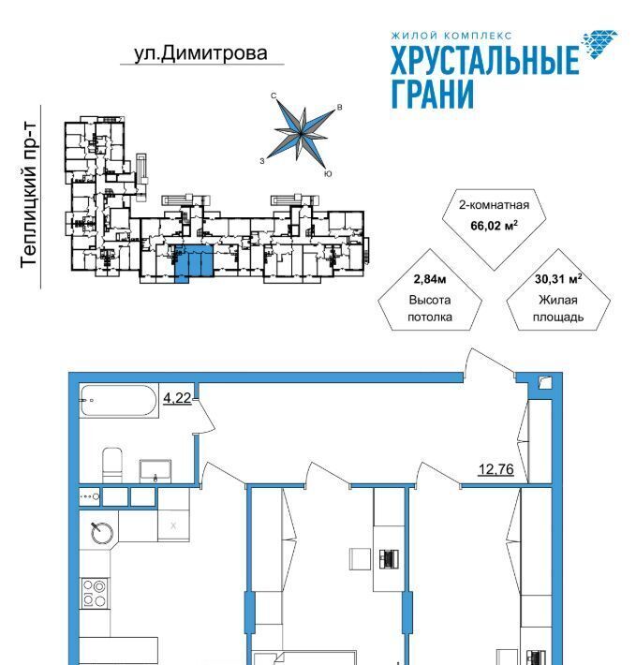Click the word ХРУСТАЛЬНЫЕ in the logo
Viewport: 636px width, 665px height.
484,62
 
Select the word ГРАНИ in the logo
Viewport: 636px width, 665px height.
432,95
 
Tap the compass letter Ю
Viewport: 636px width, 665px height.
326,174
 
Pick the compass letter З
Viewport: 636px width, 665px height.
264,160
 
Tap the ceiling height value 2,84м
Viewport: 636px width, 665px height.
430,278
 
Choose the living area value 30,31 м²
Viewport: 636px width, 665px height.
558,278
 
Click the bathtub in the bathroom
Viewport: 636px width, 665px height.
119,401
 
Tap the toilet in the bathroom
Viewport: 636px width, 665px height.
112,464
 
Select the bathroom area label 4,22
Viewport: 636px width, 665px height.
178,398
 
